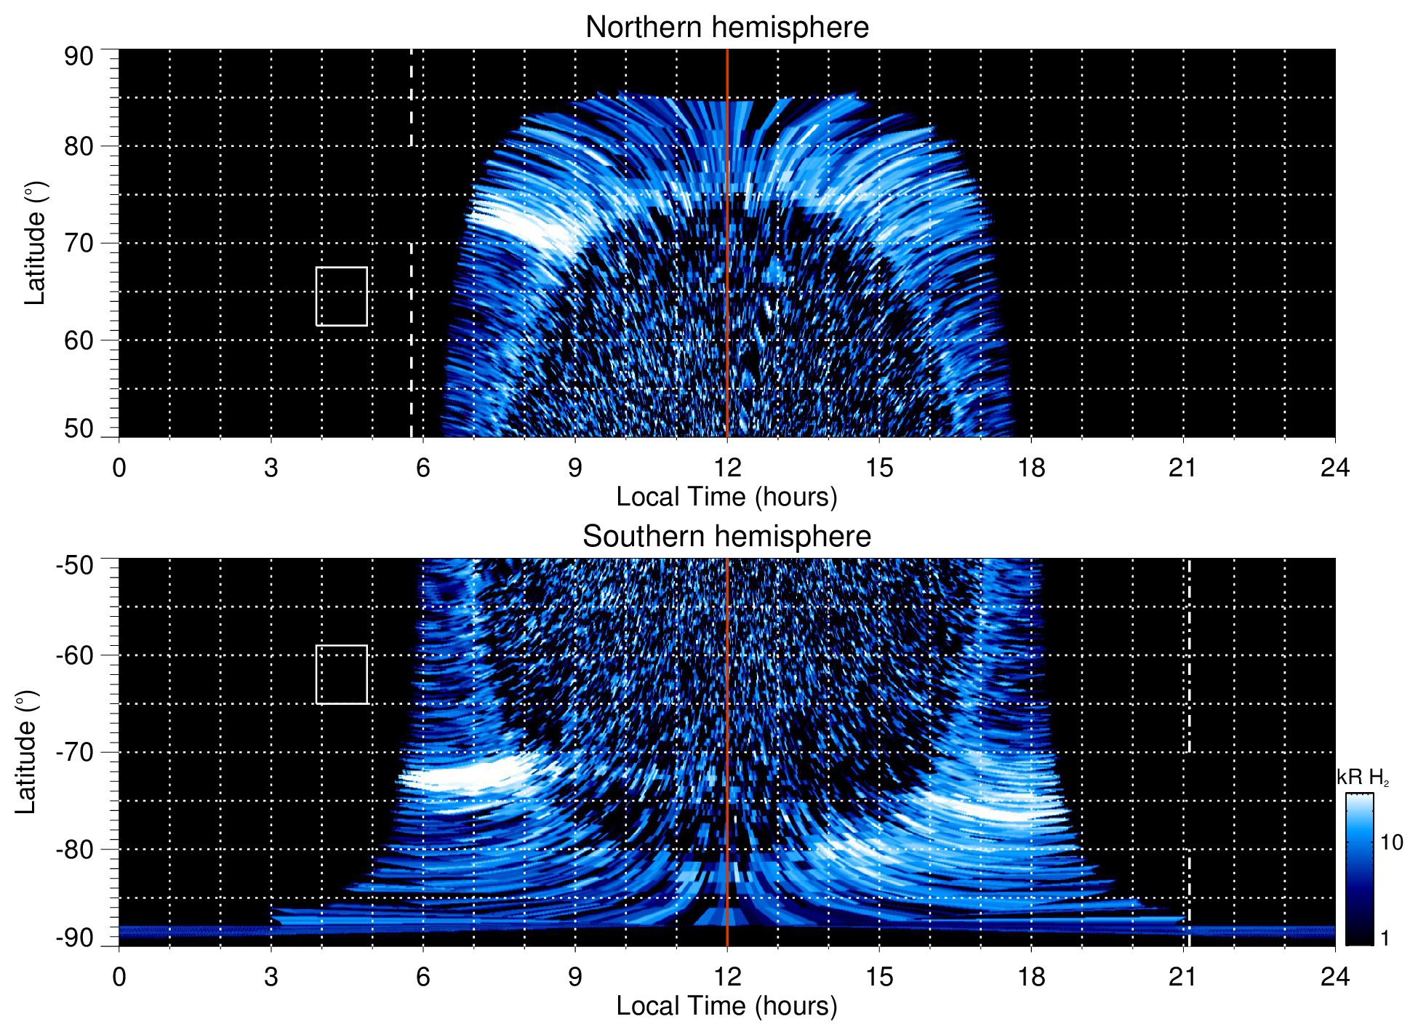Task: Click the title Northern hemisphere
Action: point(726,28)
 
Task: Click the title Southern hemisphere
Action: point(726,537)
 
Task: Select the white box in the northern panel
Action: point(341,296)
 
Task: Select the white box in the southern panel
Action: point(341,674)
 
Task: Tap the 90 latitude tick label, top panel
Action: point(79,57)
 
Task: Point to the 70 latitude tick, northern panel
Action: point(79,244)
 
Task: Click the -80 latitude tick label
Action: point(74,850)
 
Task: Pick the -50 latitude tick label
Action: point(74,565)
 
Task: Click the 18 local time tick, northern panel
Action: point(1030,468)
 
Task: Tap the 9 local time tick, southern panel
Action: point(575,977)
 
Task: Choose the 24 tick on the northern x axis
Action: point(1334,468)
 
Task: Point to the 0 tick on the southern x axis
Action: point(119,977)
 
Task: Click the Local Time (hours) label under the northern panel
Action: point(726,497)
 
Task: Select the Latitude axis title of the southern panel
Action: point(26,752)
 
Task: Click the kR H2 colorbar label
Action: point(1362,778)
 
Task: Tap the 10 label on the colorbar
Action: point(1391,843)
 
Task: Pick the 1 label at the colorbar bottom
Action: point(1385,938)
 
